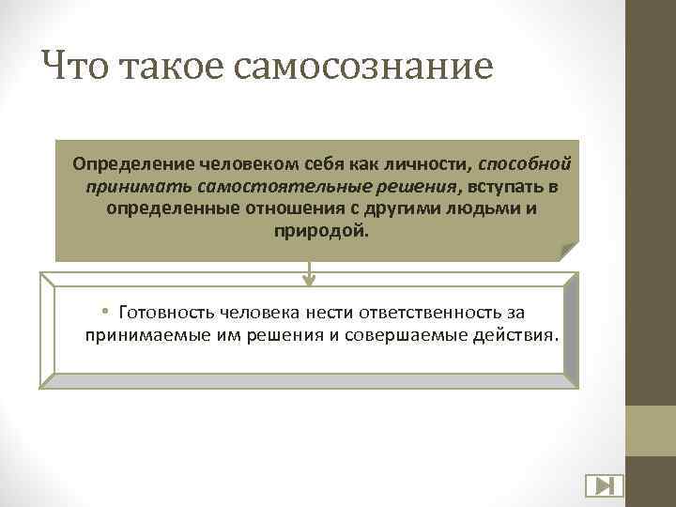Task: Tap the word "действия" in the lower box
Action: [517, 334]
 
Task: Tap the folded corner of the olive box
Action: [568, 251]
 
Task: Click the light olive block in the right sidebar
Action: [651, 431]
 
